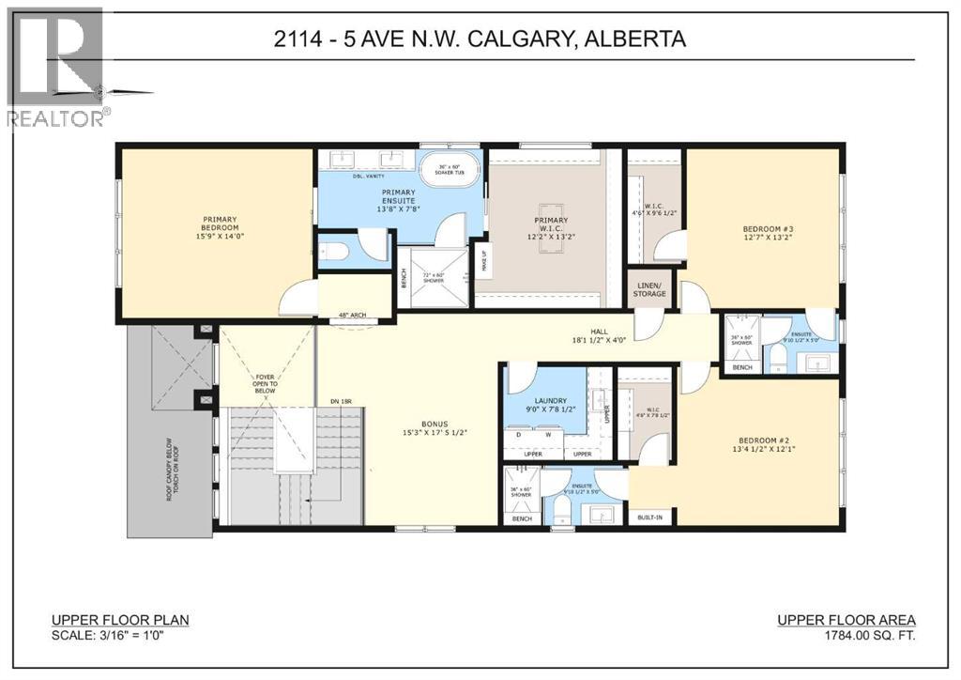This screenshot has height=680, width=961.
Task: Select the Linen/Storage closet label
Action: (649, 289)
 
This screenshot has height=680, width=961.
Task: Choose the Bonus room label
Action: (427, 426)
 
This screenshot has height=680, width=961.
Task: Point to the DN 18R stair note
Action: (341, 402)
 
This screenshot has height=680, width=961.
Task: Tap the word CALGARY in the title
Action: (536, 39)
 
